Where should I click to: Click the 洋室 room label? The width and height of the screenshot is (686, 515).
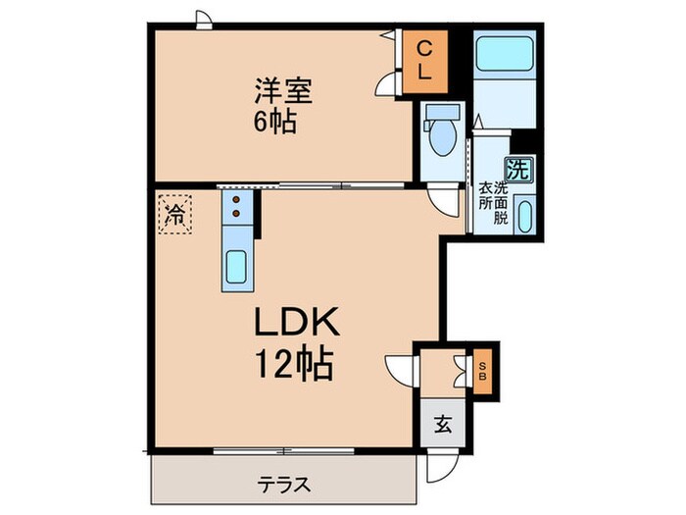tap(283, 92)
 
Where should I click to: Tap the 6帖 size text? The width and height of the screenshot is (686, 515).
tap(275, 124)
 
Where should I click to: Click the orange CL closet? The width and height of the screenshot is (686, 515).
tap(424, 61)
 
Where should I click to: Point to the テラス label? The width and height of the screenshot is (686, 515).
tap(285, 484)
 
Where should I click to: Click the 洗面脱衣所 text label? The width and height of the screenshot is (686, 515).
tap(493, 203)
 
